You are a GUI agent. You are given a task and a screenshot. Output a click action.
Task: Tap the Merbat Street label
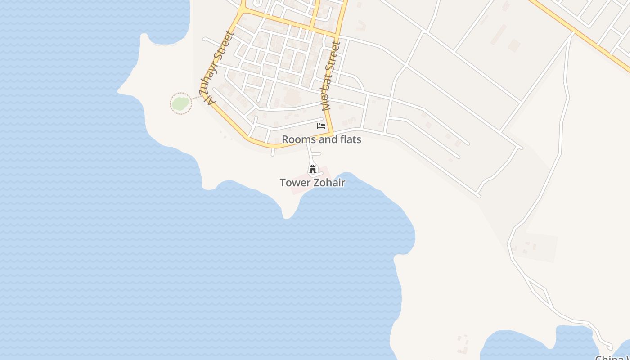[330, 76]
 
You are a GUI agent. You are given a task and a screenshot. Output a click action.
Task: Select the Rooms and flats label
[321, 139]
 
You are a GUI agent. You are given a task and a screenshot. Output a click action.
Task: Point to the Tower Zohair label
[312, 183]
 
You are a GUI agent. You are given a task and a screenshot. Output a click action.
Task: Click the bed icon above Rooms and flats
[321, 126]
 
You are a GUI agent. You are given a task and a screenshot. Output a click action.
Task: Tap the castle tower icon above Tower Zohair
[313, 169]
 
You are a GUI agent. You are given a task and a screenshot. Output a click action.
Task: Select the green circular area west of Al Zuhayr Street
[180, 103]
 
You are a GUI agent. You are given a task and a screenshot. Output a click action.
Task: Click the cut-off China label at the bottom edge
[612, 358]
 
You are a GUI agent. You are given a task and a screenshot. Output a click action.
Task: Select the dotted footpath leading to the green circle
[197, 97]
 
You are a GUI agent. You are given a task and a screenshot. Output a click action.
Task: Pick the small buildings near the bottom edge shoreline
[463, 344]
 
